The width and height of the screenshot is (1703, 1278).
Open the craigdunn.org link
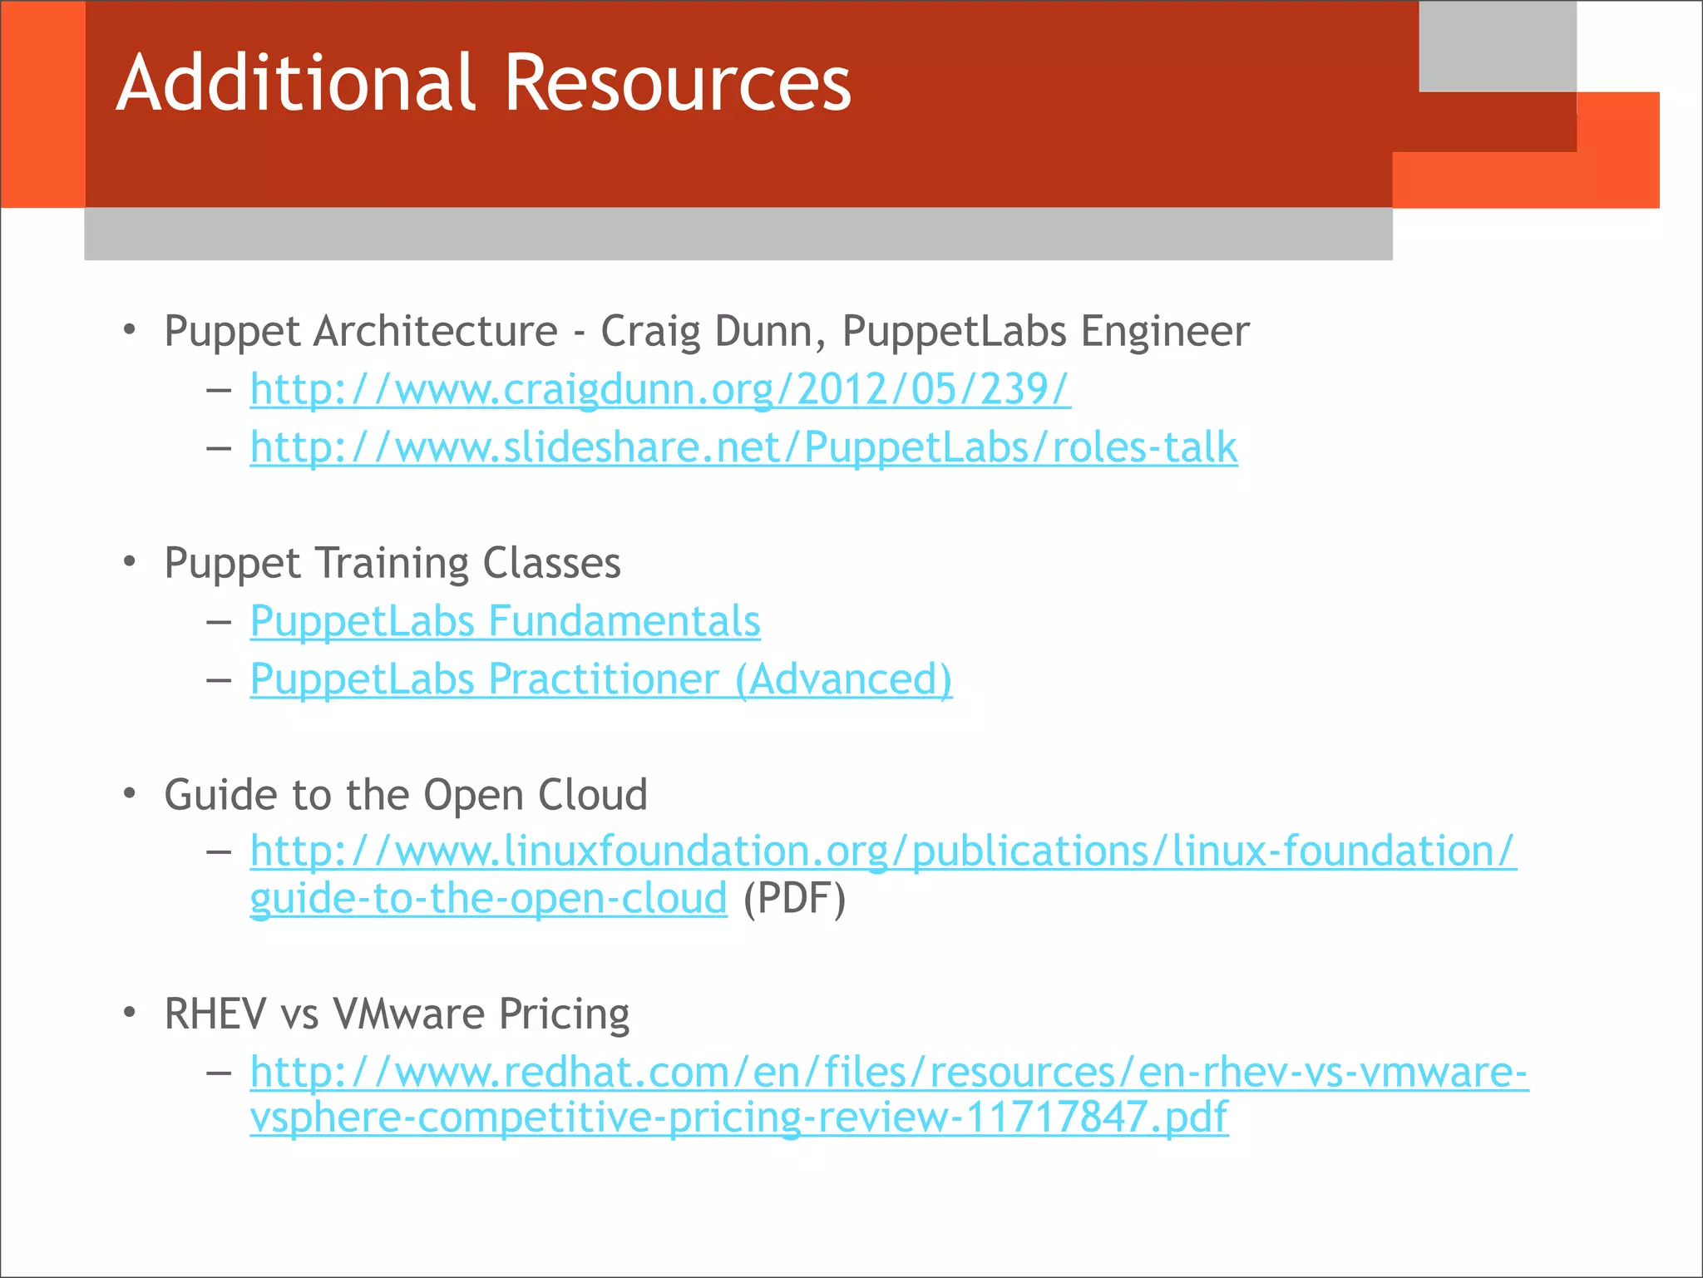660,389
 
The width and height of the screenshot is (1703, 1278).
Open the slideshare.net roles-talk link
743,447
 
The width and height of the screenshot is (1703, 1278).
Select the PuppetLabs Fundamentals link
505,621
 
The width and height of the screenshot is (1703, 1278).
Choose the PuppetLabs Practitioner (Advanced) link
601,679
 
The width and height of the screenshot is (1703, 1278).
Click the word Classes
551,563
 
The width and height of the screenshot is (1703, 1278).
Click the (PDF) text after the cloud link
794,899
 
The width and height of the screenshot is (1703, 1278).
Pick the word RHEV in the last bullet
215,1014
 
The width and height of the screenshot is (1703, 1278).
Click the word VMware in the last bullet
409,1014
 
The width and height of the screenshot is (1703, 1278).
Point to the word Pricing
564,1015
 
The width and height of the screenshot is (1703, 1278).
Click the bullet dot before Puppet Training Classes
129,562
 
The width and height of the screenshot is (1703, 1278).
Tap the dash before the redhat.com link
219,1073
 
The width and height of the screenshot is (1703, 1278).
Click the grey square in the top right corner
1497,46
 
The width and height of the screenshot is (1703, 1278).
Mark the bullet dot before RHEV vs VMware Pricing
129,1013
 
